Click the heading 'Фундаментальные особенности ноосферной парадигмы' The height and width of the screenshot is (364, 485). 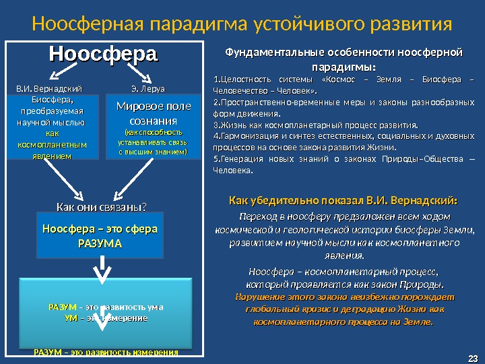point(344,59)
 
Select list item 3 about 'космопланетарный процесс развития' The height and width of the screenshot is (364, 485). point(315,125)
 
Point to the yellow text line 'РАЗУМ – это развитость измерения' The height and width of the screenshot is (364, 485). point(106,353)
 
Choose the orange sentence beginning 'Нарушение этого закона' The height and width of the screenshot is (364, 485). point(344,309)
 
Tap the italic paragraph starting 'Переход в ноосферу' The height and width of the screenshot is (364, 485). point(344,236)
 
